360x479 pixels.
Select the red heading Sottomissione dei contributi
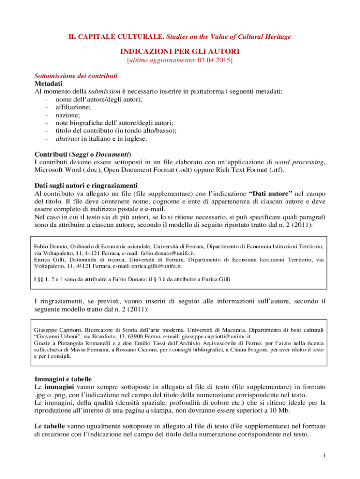point(76,76)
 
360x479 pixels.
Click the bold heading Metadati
point(49,84)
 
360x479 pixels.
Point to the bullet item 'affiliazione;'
point(73,107)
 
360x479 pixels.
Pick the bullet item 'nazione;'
point(67,115)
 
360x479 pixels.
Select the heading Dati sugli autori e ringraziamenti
point(86,185)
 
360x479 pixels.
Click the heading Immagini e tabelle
point(63,379)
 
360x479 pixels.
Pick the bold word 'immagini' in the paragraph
point(59,387)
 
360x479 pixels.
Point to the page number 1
point(324,456)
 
